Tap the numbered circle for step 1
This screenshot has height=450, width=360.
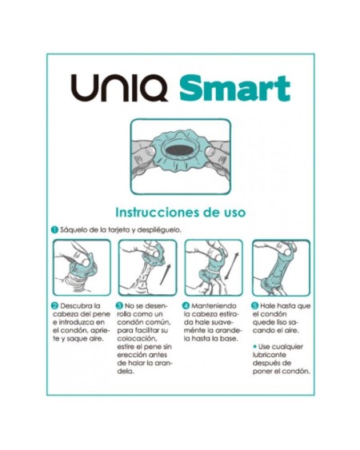tap(54, 229)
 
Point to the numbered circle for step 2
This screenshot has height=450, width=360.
tap(55, 306)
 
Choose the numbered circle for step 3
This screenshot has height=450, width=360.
tap(120, 306)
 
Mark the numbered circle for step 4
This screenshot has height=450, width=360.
tap(186, 306)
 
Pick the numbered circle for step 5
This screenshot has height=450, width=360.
tap(255, 306)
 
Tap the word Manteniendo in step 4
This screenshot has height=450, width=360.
tap(214, 306)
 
